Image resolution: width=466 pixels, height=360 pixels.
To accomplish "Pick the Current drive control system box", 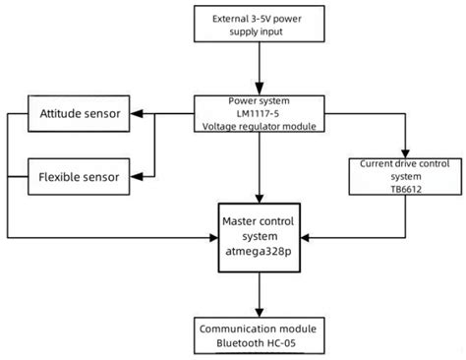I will pyautogui.click(x=404, y=174).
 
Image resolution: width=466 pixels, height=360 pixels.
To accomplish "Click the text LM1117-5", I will pyautogui.click(x=260, y=113).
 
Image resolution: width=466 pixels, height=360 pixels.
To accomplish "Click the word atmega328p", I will pyautogui.click(x=260, y=252).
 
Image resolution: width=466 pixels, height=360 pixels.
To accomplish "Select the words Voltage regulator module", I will pyautogui.click(x=260, y=127).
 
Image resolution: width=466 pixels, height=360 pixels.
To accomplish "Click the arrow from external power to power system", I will pyautogui.click(x=260, y=69).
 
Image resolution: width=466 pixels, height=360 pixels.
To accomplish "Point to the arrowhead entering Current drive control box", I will pyautogui.click(x=404, y=150).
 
